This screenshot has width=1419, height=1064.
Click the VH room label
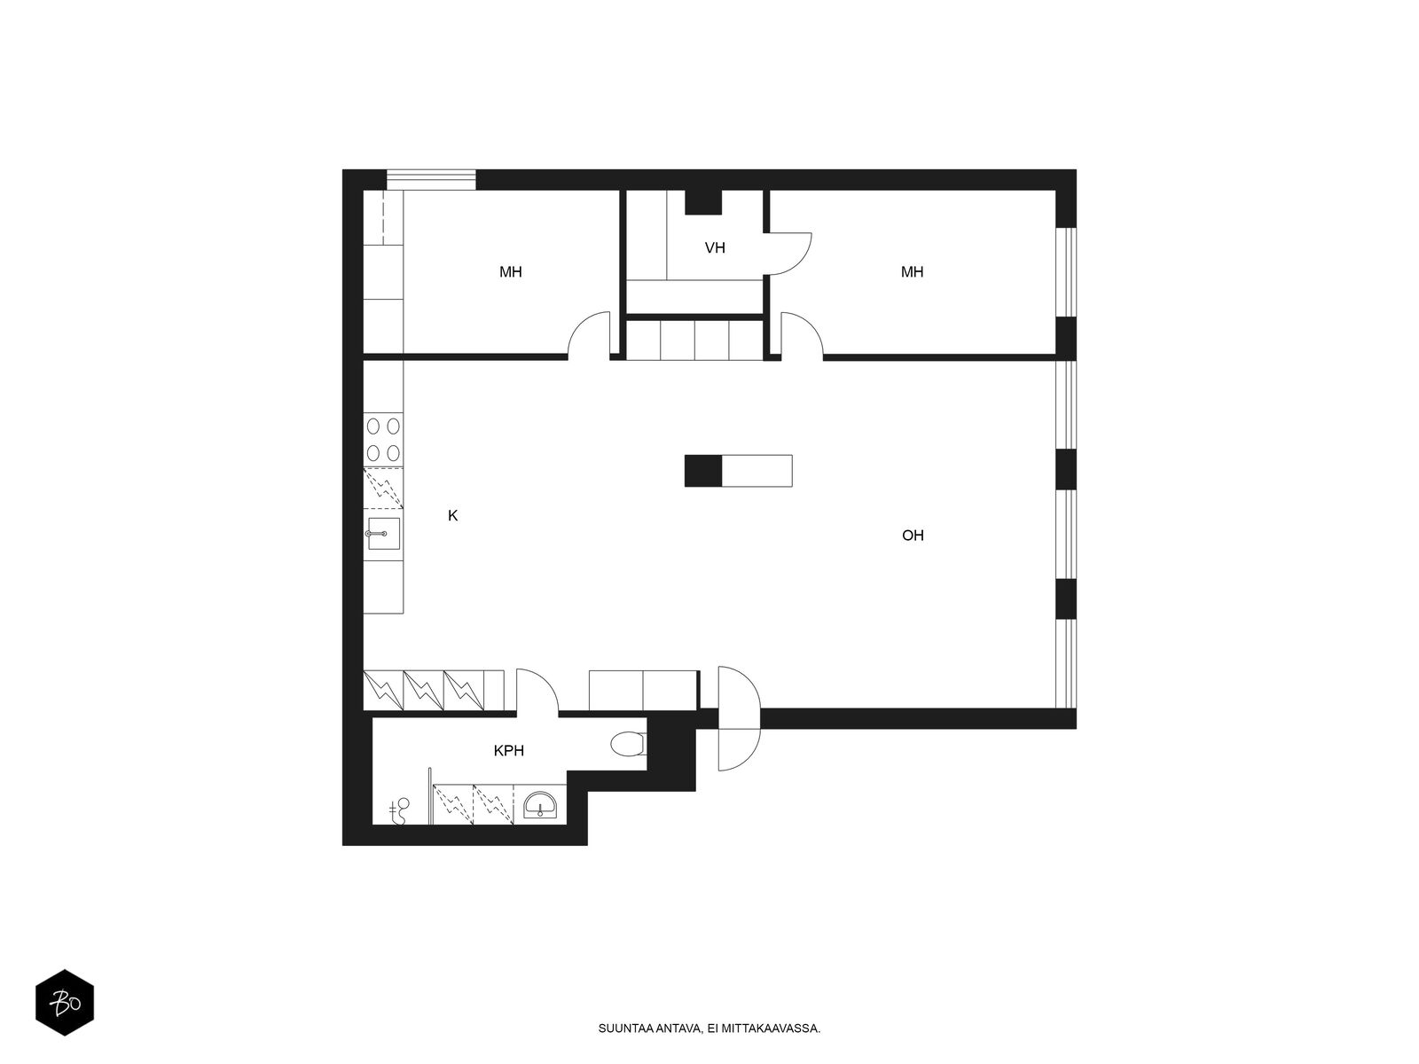[715, 248]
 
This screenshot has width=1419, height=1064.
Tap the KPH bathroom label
[508, 751]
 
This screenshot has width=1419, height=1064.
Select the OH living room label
[913, 536]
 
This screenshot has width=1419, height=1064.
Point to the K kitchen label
[452, 515]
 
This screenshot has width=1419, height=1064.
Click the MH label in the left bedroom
[510, 272]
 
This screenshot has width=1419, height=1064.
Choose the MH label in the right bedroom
[912, 272]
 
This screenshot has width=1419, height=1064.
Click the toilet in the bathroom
[628, 744]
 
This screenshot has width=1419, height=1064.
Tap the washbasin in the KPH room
[539, 805]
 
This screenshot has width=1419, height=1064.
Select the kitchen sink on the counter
[382, 534]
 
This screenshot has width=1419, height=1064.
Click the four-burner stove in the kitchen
[383, 438]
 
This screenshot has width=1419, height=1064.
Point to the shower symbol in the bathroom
[401, 809]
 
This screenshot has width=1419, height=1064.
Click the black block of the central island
[703, 470]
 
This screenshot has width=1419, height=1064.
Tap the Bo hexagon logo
[64, 1004]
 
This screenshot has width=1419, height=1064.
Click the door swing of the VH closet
[789, 253]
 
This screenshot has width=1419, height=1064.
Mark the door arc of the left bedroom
[589, 334]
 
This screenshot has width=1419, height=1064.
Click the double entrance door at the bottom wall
[739, 718]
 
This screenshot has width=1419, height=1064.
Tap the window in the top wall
[431, 179]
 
